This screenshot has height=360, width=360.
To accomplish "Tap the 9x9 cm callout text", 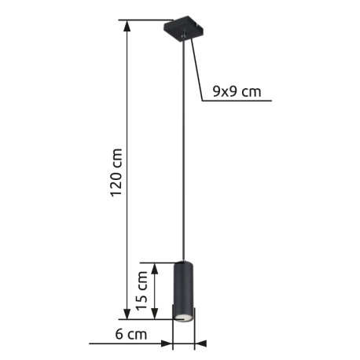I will click(x=237, y=92).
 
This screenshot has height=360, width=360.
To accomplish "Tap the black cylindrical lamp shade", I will click(x=182, y=287).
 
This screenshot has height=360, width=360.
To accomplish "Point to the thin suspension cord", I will click(x=186, y=157).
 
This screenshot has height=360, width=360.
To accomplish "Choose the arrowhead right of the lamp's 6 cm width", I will click(x=200, y=343).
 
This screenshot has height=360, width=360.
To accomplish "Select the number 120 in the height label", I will click(x=116, y=183).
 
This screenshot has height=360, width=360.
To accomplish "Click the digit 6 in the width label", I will click(x=119, y=335).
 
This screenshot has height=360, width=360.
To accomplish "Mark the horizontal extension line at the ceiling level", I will click(x=145, y=20).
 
